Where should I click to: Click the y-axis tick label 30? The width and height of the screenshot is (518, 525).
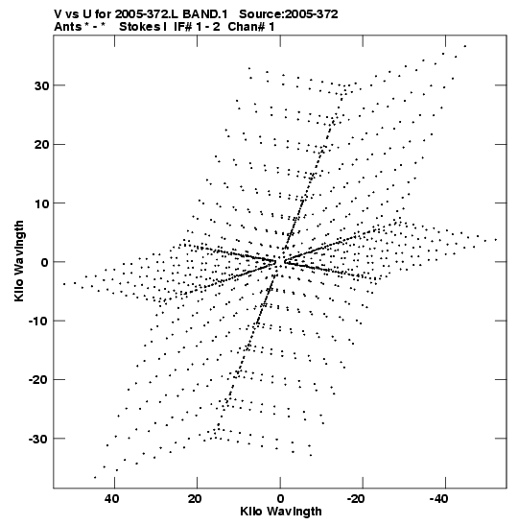[41, 86]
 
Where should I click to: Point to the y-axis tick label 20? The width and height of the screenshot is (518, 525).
[41, 145]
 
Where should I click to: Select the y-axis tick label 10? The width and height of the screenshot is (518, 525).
[41, 203]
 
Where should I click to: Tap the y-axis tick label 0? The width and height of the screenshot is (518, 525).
[45, 263]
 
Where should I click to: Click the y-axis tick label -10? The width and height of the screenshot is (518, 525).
[38, 322]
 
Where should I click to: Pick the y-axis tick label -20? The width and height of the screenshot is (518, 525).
[38, 380]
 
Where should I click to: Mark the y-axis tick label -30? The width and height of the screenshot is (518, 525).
[38, 439]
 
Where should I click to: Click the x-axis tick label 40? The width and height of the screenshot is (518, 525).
[112, 499]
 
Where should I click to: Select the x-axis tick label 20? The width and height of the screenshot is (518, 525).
[195, 499]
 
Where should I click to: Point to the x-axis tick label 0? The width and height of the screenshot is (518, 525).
[280, 499]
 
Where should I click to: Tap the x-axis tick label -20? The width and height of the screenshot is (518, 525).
[355, 499]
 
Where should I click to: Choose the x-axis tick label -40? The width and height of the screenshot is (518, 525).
[438, 499]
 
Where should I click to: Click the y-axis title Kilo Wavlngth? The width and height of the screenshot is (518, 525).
[19, 261]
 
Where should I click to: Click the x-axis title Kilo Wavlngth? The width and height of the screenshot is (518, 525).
[281, 512]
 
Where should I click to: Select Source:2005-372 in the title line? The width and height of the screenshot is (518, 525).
[289, 14]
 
